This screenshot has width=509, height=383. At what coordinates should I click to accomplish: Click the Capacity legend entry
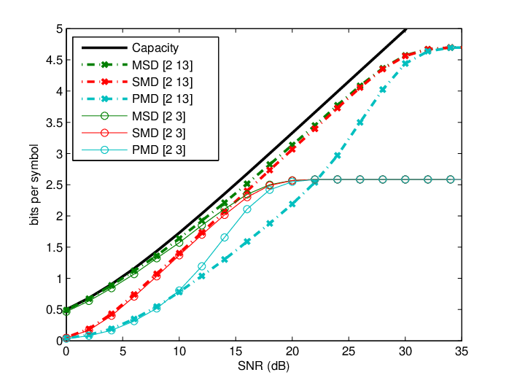(x=155, y=47)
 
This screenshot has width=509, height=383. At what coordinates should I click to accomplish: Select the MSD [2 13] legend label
(x=162, y=65)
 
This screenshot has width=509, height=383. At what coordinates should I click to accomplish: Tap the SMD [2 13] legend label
(x=162, y=82)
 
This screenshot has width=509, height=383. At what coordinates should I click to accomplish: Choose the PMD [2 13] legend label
(x=162, y=98)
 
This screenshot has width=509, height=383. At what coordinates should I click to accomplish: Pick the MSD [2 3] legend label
(x=158, y=116)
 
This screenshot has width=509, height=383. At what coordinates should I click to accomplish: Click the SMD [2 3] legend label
(x=158, y=133)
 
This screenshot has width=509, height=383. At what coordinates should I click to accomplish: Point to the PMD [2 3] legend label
(x=158, y=150)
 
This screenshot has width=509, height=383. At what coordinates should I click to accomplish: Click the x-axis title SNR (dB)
(x=263, y=366)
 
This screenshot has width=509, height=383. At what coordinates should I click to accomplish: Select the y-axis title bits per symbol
(x=34, y=185)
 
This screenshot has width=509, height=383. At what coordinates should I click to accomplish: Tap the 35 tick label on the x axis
(x=462, y=351)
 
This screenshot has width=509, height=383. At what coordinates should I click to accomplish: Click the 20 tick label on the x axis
(x=292, y=351)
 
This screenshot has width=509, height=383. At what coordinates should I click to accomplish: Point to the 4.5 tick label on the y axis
(x=54, y=60)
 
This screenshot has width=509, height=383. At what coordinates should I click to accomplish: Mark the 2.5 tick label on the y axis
(x=54, y=185)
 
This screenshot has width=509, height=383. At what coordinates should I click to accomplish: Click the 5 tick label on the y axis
(x=59, y=29)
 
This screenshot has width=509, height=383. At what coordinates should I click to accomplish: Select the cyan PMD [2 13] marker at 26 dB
(x=360, y=123)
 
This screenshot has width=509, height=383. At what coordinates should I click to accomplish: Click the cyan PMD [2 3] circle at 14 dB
(x=225, y=238)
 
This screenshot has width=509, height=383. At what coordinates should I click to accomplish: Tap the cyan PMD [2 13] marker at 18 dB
(x=269, y=223)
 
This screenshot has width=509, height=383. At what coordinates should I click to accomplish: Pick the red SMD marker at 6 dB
(x=133, y=295)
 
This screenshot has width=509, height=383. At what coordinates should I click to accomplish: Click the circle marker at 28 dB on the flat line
(x=382, y=179)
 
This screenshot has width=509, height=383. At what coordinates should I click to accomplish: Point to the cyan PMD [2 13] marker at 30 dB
(x=405, y=63)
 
